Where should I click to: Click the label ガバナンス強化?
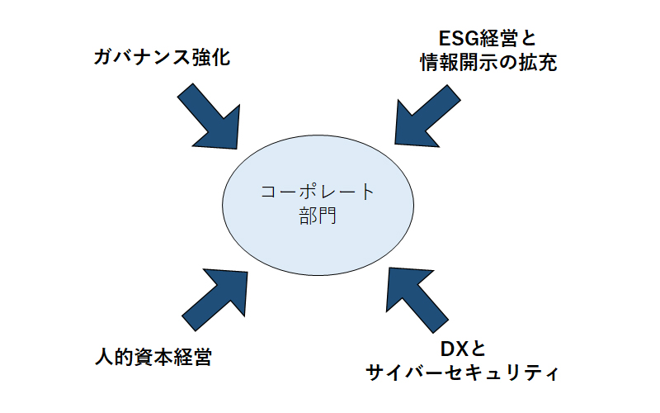[162, 57]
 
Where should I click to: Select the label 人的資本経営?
[153, 358]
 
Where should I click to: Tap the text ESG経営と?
[488, 38]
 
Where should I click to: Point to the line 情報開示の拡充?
[488, 63]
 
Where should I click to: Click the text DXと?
[463, 349]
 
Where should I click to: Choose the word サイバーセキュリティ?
[462, 373]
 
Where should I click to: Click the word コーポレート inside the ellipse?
[318, 192]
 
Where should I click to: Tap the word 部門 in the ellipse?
[318, 216]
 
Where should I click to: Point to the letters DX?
[453, 349]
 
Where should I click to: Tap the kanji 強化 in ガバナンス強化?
[211, 57]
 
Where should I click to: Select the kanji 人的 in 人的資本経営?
[114, 358]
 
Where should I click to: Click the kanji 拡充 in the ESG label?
[538, 63]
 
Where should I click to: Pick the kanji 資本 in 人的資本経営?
[153, 358]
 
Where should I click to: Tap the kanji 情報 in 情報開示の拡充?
[439, 63]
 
